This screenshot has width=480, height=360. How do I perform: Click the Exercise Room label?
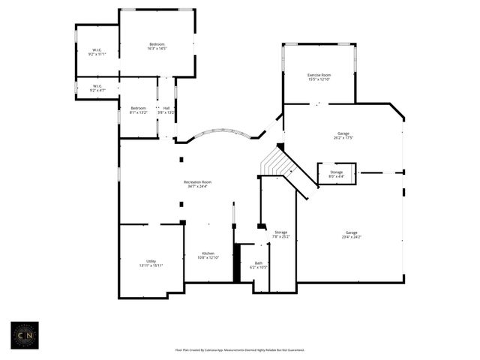coord(319,75)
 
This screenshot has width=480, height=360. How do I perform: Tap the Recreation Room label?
coord(197,182)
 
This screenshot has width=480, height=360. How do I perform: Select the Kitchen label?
coord(208,253)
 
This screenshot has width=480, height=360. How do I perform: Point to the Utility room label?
coord(151,261)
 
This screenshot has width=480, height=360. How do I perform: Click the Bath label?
coord(259,263)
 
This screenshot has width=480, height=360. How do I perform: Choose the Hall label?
coord(166,108)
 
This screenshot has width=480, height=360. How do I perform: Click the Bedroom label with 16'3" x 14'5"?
coord(157,45)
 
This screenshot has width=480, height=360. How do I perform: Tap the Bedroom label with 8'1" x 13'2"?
coord(138,108)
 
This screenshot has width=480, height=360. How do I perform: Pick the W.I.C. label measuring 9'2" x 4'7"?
coord(97,86)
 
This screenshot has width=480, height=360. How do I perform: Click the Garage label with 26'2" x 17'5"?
coord(343,133)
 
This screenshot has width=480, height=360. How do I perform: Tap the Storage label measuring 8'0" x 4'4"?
coord(336,172)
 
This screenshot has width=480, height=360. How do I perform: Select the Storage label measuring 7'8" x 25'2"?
coord(280,232)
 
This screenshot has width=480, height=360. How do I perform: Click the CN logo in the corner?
coord(24,334)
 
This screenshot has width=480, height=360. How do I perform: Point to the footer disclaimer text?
coord(239,349)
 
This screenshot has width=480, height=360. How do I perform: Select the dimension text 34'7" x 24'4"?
coord(197,186)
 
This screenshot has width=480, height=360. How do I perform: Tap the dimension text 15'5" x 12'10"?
coord(319,79)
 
